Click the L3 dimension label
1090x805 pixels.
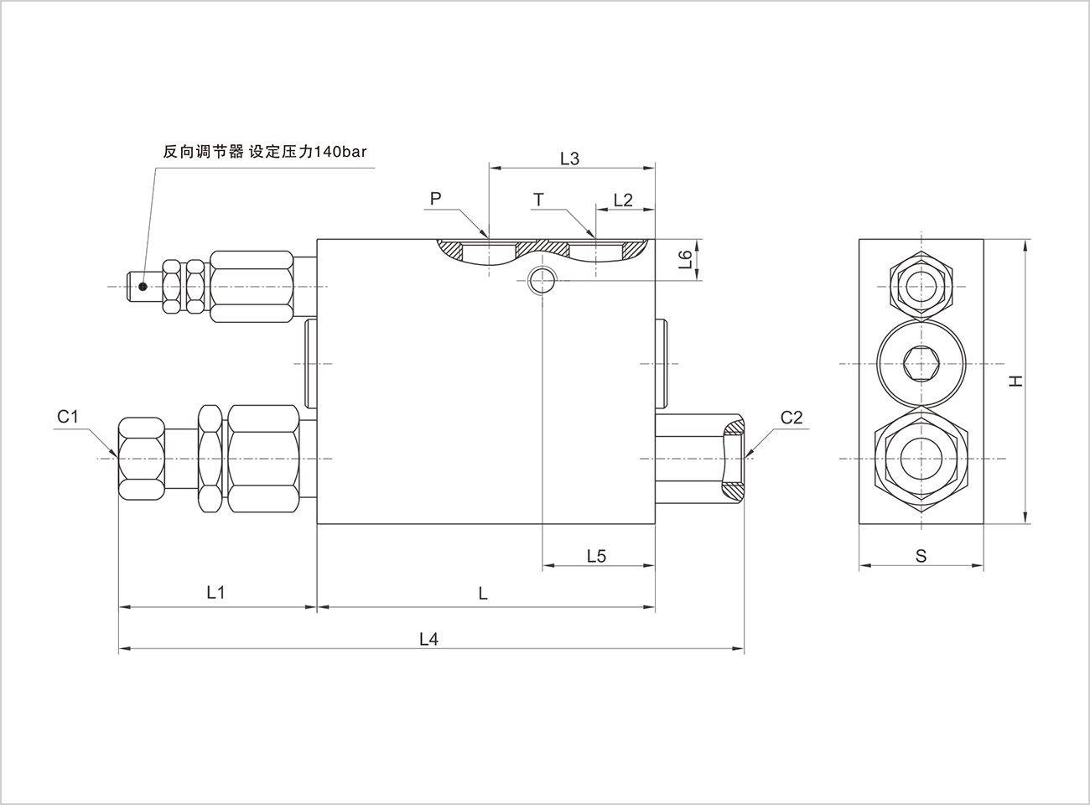click(x=570, y=158)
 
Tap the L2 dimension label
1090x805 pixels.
click(x=623, y=200)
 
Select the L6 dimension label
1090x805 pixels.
click(x=686, y=259)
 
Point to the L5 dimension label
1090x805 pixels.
click(x=597, y=556)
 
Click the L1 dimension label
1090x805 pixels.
click(x=215, y=592)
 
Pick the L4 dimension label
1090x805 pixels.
click(x=429, y=639)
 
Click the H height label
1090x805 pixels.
click(x=1015, y=381)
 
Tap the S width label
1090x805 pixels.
click(x=921, y=556)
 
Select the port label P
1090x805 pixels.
click(x=435, y=199)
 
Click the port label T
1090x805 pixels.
click(x=538, y=200)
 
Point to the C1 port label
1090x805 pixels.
click(x=68, y=417)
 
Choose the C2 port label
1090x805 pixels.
click(x=792, y=418)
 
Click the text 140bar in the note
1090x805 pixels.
click(x=340, y=152)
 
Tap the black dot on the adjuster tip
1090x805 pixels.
click(x=143, y=287)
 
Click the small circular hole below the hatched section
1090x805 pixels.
click(x=542, y=281)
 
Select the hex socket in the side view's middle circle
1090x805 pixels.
click(x=921, y=364)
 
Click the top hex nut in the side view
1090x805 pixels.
click(x=921, y=287)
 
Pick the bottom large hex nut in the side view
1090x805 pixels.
click(x=921, y=459)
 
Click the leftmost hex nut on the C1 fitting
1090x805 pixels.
click(x=142, y=459)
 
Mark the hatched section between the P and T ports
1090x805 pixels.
click(x=542, y=247)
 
